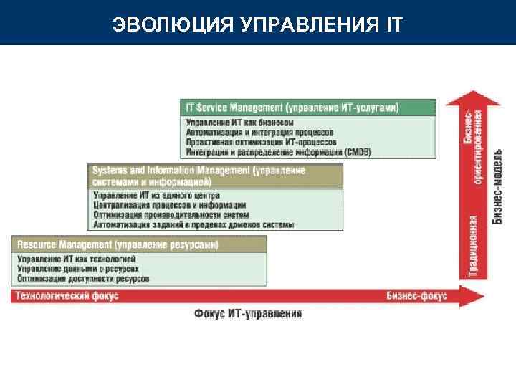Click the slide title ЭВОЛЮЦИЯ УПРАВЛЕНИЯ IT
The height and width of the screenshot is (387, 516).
point(258,25)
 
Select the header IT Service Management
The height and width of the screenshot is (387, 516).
point(292,107)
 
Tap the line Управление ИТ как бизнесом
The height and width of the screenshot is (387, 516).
point(239,123)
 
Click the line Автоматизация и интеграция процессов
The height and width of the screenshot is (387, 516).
point(259,133)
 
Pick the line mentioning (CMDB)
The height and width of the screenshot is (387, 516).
point(279,151)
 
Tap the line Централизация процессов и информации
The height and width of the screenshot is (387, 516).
point(169,205)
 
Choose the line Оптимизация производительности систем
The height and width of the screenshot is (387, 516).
point(171,214)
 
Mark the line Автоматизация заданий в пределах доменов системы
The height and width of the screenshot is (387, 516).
point(193,224)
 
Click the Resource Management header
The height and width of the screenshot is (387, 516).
point(118,245)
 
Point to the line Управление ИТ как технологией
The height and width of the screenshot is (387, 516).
point(76,259)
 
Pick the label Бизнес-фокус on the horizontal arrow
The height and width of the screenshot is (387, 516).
point(416,295)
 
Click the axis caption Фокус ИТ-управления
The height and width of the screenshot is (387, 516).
point(248,314)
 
